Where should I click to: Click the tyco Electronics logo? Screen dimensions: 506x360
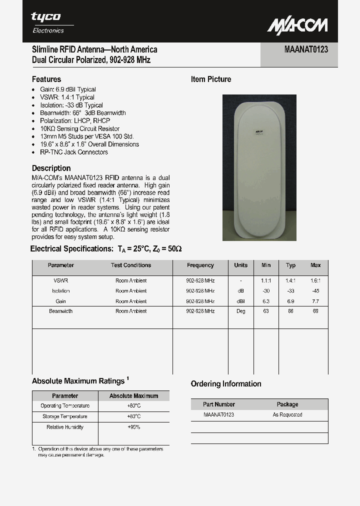pos(48,22)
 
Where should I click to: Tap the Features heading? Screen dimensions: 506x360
pos(46,79)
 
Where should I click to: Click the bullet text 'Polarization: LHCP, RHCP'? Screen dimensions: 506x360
pos(75,120)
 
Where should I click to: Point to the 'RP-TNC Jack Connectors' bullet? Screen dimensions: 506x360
pos(74,152)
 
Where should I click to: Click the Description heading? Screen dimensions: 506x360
pos(51,168)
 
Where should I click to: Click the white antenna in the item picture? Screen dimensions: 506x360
pos(259,167)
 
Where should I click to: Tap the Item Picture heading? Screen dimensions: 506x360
pos(211,79)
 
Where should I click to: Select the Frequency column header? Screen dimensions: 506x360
pos(200,265)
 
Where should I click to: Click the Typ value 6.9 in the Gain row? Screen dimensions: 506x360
pos(290,301)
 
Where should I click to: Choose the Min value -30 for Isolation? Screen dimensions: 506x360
pos(266,291)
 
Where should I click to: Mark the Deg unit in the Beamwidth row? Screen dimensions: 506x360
pos(240,311)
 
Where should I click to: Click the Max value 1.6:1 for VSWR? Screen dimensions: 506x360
pos(315,280)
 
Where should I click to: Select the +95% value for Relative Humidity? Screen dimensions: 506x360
pos(133,427)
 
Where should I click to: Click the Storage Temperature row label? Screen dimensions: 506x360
pos(65,416)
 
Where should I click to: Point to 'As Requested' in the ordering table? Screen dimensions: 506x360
pos(287,414)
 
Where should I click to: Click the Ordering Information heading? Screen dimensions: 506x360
pos(226,383)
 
